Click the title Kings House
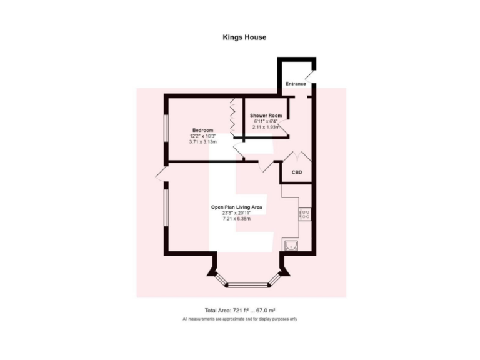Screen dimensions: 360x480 [x=244, y=37]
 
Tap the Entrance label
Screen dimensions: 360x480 [x=296, y=84]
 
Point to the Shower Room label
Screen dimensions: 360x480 [x=266, y=116]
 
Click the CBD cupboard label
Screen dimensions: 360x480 [x=297, y=172]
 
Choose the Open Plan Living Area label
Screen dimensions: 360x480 [x=236, y=207]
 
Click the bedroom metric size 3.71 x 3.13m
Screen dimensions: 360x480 [x=202, y=142]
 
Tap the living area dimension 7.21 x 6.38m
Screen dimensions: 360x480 [x=236, y=219]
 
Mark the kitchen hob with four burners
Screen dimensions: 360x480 [x=306, y=215]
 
